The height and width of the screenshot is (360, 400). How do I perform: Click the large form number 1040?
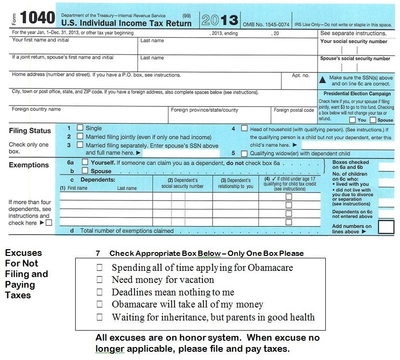coord(39,18)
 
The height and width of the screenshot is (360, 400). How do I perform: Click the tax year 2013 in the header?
coord(219,20)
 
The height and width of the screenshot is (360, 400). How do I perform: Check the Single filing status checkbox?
coord(80,128)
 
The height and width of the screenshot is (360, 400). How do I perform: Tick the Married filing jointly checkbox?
coord(80,137)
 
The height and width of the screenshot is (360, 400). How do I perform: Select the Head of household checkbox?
coord(244,129)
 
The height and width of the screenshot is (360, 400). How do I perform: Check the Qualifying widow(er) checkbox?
coord(244,153)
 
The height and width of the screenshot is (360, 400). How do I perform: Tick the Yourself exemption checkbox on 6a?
coord(85,163)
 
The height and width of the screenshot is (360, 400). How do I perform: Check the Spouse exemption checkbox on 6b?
coord(85,171)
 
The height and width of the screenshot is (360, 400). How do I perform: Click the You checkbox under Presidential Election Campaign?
coord(353,120)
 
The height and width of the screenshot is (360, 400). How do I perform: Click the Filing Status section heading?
coord(30,131)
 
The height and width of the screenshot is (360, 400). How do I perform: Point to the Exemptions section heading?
coord(29,165)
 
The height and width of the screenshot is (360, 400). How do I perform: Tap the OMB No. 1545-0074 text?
coord(266,24)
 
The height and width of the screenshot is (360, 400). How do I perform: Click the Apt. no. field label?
coord(301,75)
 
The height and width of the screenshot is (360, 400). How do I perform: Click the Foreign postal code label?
coord(294,110)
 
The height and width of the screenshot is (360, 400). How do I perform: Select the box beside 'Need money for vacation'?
coord(100,280)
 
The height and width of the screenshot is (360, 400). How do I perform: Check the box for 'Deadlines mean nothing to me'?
coord(100,292)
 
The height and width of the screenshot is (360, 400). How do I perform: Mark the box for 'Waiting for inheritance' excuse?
coord(100,317)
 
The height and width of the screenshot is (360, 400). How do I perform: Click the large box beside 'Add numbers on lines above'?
coord(386,227)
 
